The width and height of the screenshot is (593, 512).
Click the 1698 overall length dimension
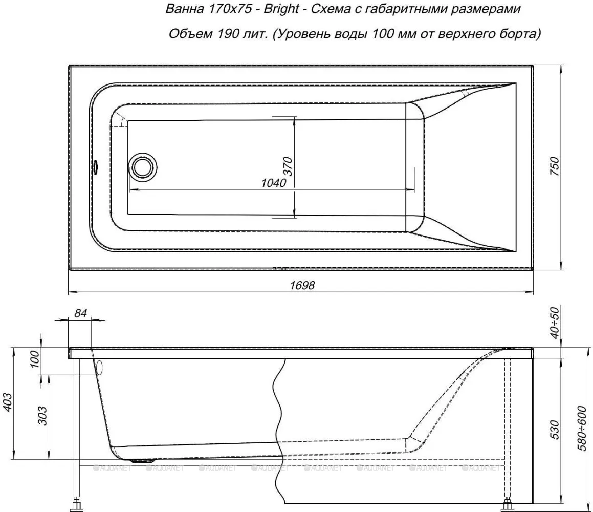point(302,285)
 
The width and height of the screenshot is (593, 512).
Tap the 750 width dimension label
point(555,166)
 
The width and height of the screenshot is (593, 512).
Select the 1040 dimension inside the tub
point(273,183)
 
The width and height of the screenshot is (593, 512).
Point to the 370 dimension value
point(288,166)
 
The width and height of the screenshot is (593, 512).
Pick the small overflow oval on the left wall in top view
point(95,166)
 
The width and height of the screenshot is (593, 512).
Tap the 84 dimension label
point(80,313)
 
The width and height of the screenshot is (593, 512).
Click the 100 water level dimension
point(34,359)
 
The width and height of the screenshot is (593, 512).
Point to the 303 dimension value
point(43,416)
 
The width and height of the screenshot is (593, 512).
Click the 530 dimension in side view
point(555,430)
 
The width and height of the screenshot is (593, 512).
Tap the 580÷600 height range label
point(585,429)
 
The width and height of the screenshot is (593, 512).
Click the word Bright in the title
point(281,9)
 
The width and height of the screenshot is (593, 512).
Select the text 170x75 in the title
point(230,9)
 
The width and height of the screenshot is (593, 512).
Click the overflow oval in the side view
point(99,367)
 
